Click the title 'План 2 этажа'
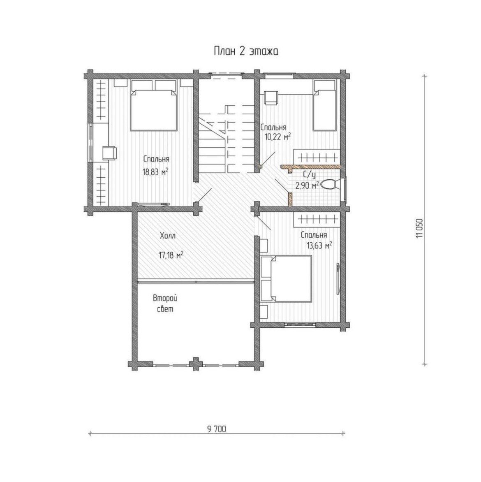[246, 52]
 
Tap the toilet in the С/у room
[331, 184]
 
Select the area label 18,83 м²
[155, 172]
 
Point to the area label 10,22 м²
[277, 137]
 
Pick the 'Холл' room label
[167, 236]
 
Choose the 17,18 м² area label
[171, 255]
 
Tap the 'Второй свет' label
[165, 304]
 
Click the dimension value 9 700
[216, 429]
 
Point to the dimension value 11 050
[420, 228]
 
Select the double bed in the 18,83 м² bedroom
[154, 105]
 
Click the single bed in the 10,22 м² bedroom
[324, 105]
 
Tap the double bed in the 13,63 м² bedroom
[286, 278]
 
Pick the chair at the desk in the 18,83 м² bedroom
[109, 153]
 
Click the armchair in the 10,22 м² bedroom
[271, 97]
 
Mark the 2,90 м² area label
[307, 185]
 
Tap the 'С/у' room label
[309, 175]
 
